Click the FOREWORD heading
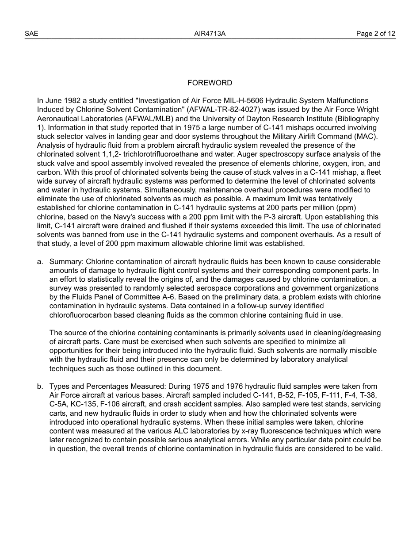pyautogui.click(x=210, y=83)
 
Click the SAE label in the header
pyautogui.click(x=31, y=34)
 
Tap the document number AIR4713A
pyautogui.click(x=210, y=34)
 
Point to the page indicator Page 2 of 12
pyautogui.click(x=376, y=34)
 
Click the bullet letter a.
pyautogui.click(x=40, y=262)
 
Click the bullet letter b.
pyautogui.click(x=40, y=387)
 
